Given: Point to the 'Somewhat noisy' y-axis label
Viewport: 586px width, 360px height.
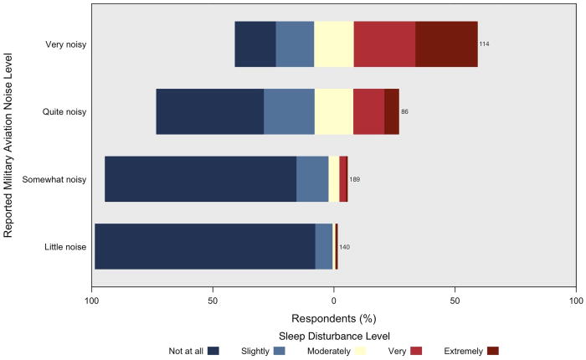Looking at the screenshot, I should click(x=56, y=179).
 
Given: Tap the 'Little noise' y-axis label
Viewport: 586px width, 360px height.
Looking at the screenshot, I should click(x=64, y=247).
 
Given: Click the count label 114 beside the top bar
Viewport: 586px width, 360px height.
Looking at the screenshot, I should click(x=484, y=44).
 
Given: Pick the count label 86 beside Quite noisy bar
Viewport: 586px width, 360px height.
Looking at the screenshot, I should click(x=405, y=111).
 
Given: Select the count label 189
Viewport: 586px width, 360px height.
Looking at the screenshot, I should click(x=355, y=179).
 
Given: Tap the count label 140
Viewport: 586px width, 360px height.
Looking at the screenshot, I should click(x=344, y=247).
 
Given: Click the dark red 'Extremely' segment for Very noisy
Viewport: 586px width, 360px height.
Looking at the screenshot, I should click(x=446, y=44).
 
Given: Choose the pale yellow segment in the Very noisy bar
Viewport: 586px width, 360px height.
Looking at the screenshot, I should click(x=333, y=44).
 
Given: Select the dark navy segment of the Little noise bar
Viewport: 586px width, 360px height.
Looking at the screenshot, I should click(x=204, y=247).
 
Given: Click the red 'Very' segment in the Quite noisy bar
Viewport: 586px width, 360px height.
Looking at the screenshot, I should click(x=368, y=111).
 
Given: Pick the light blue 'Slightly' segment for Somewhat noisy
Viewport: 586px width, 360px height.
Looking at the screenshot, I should click(x=312, y=179).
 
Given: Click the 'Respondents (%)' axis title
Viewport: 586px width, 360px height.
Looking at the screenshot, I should click(x=334, y=319).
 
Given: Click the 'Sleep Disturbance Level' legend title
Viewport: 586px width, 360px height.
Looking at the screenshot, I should click(x=334, y=336).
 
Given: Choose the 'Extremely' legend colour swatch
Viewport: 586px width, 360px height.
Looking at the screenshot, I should click(x=493, y=351).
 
